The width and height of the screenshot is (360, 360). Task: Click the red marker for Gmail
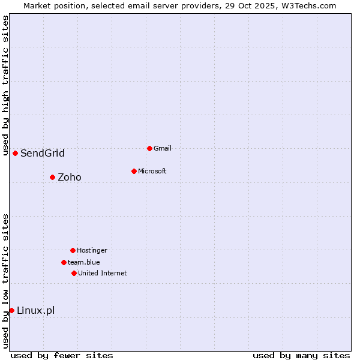point(149,148)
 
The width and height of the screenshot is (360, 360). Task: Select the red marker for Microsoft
point(134,171)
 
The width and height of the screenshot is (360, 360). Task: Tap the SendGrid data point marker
point(15,153)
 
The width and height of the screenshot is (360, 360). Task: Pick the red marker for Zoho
point(52,177)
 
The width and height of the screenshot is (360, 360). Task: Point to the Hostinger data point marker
point(73,250)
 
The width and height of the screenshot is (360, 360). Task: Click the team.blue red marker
point(64,262)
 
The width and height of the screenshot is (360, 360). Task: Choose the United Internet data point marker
point(74,273)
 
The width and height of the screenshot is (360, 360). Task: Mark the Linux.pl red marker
point(11,310)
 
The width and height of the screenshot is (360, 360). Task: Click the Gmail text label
point(163,148)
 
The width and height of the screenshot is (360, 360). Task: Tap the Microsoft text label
point(152,171)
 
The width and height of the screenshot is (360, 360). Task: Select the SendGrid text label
point(43,153)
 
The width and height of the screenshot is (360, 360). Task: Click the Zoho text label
point(70,177)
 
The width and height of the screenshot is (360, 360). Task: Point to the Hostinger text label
point(92,250)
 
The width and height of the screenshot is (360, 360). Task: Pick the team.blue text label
point(84,262)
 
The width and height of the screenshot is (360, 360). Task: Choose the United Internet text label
point(103,273)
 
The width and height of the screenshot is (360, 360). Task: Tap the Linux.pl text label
point(36,310)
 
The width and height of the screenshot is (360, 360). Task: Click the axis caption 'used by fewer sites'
point(62,355)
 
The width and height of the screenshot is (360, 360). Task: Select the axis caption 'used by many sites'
point(301,355)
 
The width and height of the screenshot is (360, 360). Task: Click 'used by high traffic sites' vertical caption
point(6,85)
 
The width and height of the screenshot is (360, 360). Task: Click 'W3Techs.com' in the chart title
point(310,5)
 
